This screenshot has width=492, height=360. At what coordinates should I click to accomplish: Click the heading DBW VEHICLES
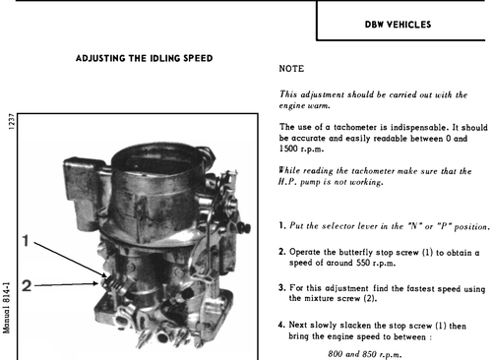(x=398, y=25)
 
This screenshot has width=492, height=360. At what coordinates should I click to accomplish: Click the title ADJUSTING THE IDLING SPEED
(x=145, y=58)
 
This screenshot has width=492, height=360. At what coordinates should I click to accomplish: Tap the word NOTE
(x=291, y=69)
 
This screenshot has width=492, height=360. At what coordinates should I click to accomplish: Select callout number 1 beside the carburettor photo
(x=26, y=241)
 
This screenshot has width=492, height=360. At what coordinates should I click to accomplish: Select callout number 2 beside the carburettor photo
(x=27, y=286)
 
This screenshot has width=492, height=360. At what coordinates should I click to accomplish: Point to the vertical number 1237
(x=12, y=122)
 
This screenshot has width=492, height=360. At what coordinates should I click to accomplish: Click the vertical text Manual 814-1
(x=7, y=308)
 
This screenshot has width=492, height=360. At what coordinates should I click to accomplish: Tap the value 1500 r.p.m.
(x=301, y=149)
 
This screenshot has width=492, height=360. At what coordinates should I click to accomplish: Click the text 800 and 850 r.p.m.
(x=365, y=354)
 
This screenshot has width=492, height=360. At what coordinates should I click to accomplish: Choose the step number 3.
(x=282, y=288)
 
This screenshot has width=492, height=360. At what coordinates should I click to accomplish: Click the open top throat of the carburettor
(x=156, y=158)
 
